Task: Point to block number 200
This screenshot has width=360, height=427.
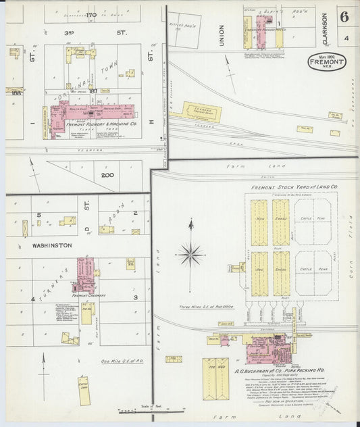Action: [x=107, y=174]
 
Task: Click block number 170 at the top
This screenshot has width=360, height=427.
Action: [x=93, y=14]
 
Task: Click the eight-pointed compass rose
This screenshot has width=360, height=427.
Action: [x=190, y=254]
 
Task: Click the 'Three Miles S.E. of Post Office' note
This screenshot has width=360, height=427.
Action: [x=206, y=306]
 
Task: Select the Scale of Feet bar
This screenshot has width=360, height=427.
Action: [x=139, y=409]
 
